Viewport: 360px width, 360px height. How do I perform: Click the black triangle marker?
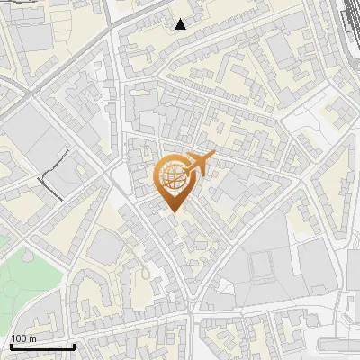click(181, 24)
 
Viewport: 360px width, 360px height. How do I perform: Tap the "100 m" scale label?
click(23, 338)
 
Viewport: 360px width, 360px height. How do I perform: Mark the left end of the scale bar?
click(11, 346)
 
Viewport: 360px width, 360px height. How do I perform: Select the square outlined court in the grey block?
click(261, 265)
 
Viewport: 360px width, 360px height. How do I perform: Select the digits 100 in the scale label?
click(19, 338)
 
